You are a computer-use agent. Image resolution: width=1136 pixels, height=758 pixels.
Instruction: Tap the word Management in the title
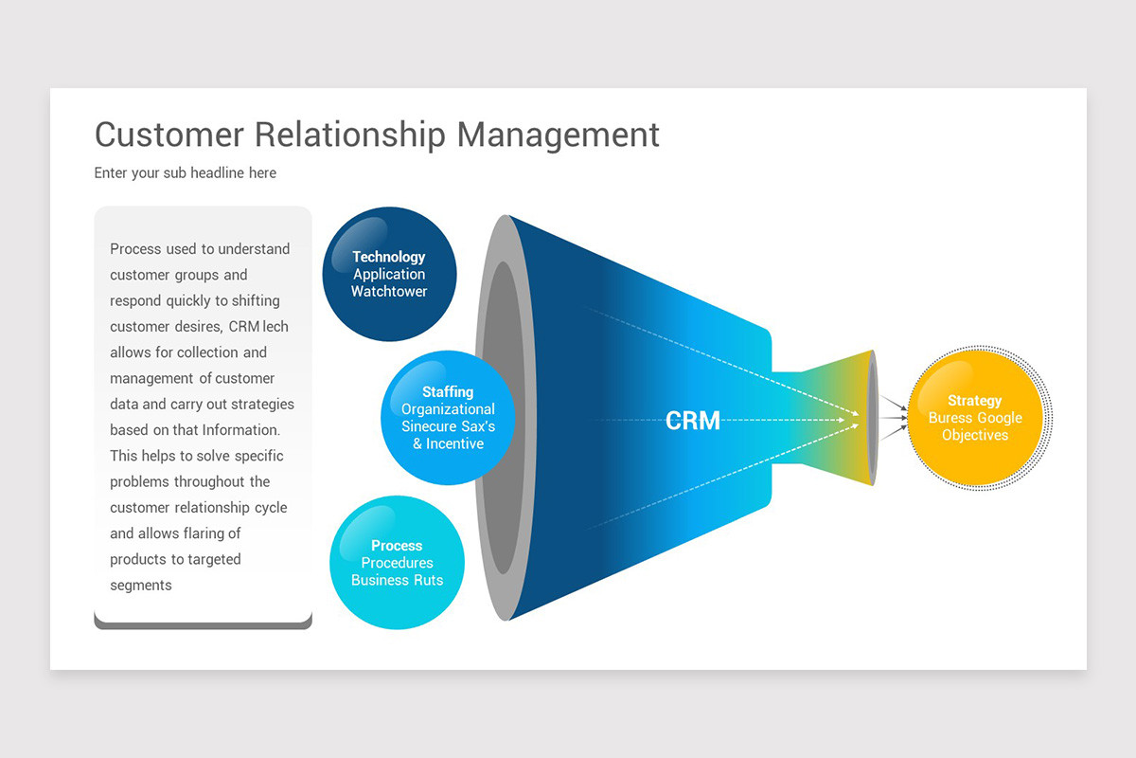point(558,135)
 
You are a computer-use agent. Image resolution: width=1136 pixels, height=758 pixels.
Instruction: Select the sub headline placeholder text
point(186,173)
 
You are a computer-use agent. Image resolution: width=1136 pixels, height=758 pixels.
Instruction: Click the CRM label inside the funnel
point(692,421)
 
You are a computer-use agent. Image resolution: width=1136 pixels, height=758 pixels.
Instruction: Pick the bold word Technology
point(389,257)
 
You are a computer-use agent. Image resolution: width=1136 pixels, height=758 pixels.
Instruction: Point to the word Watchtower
point(389,292)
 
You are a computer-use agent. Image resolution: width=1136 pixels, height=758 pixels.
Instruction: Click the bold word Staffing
point(447,391)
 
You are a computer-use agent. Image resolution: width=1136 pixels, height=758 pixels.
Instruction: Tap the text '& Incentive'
point(448,443)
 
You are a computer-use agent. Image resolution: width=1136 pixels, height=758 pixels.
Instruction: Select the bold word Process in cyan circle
point(397,546)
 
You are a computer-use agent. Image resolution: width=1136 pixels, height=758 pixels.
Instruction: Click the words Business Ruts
point(397,580)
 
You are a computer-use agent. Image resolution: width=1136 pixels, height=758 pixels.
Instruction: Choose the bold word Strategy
point(974,401)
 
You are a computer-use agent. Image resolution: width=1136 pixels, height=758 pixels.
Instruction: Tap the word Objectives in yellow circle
point(974,435)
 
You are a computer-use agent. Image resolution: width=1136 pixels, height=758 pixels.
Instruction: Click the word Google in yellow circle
point(1000,418)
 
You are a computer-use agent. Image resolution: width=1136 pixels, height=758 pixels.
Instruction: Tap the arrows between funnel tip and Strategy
point(893,416)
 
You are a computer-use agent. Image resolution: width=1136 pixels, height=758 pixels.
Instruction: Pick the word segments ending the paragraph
point(141,586)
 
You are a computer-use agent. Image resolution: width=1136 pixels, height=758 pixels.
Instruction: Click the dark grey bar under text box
point(203,623)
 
